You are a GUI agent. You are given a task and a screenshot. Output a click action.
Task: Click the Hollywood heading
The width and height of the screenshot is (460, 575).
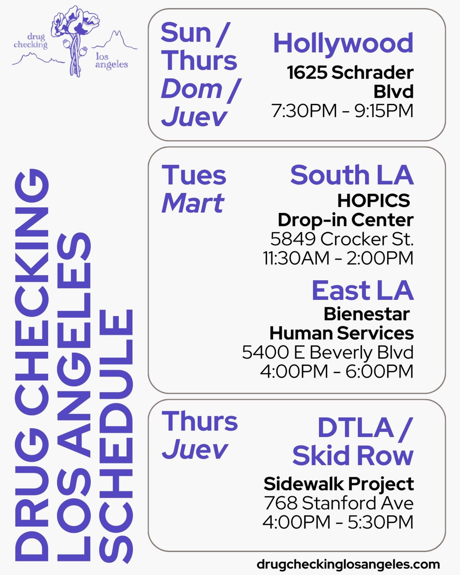[343, 43]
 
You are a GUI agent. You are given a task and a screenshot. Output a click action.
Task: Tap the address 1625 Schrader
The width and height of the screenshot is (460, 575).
[350, 73]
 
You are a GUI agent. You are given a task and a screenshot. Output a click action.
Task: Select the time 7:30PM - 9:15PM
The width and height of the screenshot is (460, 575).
[342, 111]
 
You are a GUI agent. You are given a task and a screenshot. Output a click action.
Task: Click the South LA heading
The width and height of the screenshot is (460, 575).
[352, 175]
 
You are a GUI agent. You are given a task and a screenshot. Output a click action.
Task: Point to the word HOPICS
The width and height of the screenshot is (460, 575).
[373, 200]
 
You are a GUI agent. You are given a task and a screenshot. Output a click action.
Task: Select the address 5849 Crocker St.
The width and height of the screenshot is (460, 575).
[342, 239]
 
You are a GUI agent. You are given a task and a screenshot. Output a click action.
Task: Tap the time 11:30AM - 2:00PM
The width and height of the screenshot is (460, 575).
[338, 258]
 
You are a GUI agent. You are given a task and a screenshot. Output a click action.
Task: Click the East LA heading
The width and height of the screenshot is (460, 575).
[363, 290]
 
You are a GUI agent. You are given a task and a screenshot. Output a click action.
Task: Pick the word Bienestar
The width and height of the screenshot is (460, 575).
[366, 314]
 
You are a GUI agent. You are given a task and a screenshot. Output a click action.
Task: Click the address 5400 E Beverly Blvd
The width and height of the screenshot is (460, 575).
[327, 352]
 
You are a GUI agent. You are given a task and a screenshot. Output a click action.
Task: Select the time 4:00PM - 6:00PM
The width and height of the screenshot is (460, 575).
[337, 371]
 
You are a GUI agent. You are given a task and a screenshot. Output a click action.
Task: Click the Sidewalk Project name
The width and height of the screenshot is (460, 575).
[339, 484]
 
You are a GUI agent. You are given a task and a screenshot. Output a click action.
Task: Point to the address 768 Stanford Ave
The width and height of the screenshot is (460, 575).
[339, 503]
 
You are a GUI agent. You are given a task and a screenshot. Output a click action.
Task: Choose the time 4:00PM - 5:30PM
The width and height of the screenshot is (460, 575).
[338, 522]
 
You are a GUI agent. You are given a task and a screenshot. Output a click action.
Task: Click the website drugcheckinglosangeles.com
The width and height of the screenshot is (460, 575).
[348, 564]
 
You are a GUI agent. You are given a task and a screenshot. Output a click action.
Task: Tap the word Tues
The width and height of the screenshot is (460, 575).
[194, 175]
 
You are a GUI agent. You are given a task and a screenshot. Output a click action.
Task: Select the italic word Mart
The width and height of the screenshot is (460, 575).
[193, 203]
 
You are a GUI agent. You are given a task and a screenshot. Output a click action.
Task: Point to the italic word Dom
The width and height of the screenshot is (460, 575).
[192, 89]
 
